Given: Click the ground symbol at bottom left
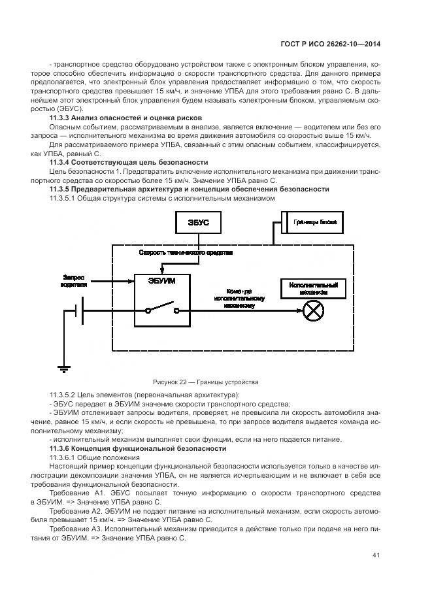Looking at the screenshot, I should pyautogui.click(x=63, y=369).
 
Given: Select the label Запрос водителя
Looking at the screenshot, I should pyautogui.click(x=74, y=280).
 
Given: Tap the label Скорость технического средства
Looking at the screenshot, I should pyautogui.click(x=186, y=252).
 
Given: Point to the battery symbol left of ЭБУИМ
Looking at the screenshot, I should pyautogui.click(x=80, y=311).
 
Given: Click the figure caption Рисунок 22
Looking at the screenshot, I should pyautogui.click(x=205, y=382).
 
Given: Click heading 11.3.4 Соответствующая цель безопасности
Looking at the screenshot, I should pyautogui.click(x=129, y=161).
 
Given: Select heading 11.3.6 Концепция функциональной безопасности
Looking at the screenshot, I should pyautogui.click(x=138, y=449).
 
